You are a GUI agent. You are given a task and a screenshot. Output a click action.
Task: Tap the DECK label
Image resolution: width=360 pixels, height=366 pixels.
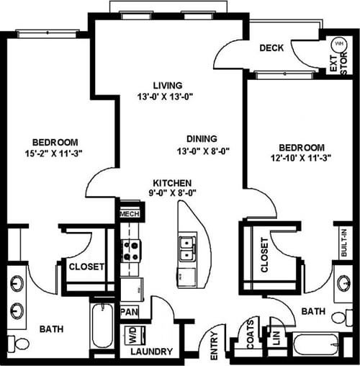pos(271,48)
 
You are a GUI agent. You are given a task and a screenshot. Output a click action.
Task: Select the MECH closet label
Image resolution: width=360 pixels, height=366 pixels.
pos(130,213)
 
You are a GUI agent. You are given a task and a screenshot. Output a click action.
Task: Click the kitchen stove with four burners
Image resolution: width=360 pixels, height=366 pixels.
pos(131,251)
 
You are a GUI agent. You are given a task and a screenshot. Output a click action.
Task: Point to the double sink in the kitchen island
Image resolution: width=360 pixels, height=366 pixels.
pos(188,249)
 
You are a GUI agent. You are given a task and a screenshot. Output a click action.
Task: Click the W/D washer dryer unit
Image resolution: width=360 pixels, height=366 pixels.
pos(135,336)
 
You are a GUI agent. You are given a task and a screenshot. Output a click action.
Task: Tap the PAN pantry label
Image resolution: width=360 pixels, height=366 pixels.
pos(130,312)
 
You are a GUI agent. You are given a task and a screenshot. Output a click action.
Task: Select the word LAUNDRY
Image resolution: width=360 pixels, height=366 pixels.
pos(152,352)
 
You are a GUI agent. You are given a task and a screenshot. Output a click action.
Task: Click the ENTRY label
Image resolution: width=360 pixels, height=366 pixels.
pos(214,346)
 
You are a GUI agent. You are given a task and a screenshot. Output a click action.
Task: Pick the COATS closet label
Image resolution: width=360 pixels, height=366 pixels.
pos(251,334)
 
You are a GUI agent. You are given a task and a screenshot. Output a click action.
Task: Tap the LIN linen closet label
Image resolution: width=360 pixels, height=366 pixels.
pos(276,338)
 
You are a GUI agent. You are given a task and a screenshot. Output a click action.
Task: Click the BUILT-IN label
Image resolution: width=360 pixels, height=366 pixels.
pos(344,243)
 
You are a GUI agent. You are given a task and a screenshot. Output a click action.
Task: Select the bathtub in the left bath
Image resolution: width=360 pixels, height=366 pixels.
pos(102,326)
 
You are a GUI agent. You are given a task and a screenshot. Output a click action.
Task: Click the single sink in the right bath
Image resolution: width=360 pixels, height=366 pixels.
pos(345,283)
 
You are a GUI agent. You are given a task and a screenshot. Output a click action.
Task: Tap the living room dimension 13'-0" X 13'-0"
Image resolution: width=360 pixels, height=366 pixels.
pos(166,97)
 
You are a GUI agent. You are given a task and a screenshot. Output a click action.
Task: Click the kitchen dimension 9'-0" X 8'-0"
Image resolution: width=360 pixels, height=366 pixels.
pos(172,193)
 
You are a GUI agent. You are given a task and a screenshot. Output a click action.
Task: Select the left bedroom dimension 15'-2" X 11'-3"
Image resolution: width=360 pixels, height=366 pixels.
pos(54,153)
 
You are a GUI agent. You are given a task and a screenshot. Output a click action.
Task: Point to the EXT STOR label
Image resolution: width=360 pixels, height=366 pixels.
pos(338,63)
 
